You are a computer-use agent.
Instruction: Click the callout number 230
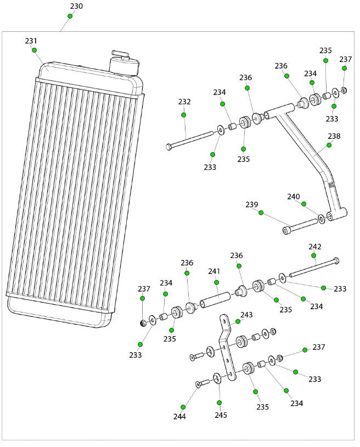tap(76, 7)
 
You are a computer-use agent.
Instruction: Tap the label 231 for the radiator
tap(31, 41)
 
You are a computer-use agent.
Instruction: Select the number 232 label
tap(184, 102)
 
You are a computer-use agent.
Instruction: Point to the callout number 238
tap(334, 136)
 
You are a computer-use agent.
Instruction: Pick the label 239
tap(252, 205)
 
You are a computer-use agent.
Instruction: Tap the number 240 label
tap(294, 197)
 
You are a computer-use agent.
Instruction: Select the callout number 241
tap(213, 271)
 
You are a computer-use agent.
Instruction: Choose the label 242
tap(315, 247)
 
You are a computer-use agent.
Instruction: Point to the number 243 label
tap(246, 315)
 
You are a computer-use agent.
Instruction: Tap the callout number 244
tap(179, 416)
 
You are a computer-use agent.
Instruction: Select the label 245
tap(221, 415)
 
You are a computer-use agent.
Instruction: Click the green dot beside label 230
tap(70, 16)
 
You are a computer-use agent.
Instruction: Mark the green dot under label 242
tap(314, 255)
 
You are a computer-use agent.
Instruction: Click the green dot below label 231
tap(34, 50)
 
